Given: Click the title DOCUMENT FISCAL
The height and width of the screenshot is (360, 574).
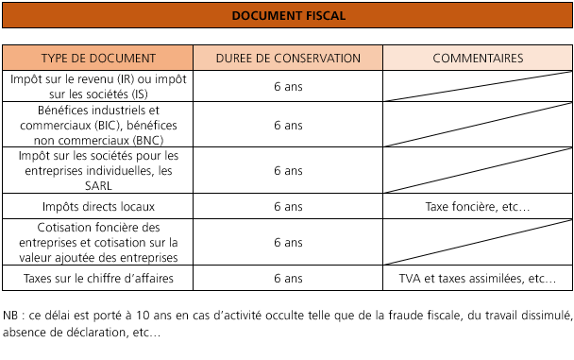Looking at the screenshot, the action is [287, 16].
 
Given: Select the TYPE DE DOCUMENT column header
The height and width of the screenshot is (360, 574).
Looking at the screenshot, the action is [98, 58].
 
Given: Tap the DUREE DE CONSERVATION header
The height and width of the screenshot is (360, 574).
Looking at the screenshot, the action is [288, 58].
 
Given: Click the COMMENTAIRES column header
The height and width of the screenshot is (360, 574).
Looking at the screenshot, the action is [478, 58].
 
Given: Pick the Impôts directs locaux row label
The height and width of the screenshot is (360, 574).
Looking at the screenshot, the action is [98, 206].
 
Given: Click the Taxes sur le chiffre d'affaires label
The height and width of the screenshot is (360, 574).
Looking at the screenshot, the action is [98, 279].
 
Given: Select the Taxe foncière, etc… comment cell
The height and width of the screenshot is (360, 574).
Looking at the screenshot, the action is [478, 206].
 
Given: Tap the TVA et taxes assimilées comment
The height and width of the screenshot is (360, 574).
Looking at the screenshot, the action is [478, 279].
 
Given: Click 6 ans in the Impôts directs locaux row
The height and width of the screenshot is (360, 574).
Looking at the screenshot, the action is [288, 206].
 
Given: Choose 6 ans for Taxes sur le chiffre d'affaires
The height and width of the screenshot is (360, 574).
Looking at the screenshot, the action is [288, 279].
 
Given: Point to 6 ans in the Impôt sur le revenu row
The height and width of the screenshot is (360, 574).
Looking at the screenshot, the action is [288, 85].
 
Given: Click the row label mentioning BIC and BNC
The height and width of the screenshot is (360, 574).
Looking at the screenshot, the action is [98, 125].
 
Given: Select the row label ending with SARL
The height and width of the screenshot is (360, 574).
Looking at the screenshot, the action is [98, 171].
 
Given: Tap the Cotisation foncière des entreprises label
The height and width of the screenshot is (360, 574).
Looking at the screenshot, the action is [98, 243].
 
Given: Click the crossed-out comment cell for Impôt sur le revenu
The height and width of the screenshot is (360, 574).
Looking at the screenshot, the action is [478, 85].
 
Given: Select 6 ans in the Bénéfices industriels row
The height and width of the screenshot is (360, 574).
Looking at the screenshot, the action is [288, 125].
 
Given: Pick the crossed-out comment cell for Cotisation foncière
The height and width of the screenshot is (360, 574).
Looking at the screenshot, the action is [478, 243].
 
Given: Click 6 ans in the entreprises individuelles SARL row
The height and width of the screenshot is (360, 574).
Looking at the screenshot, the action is [288, 171].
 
